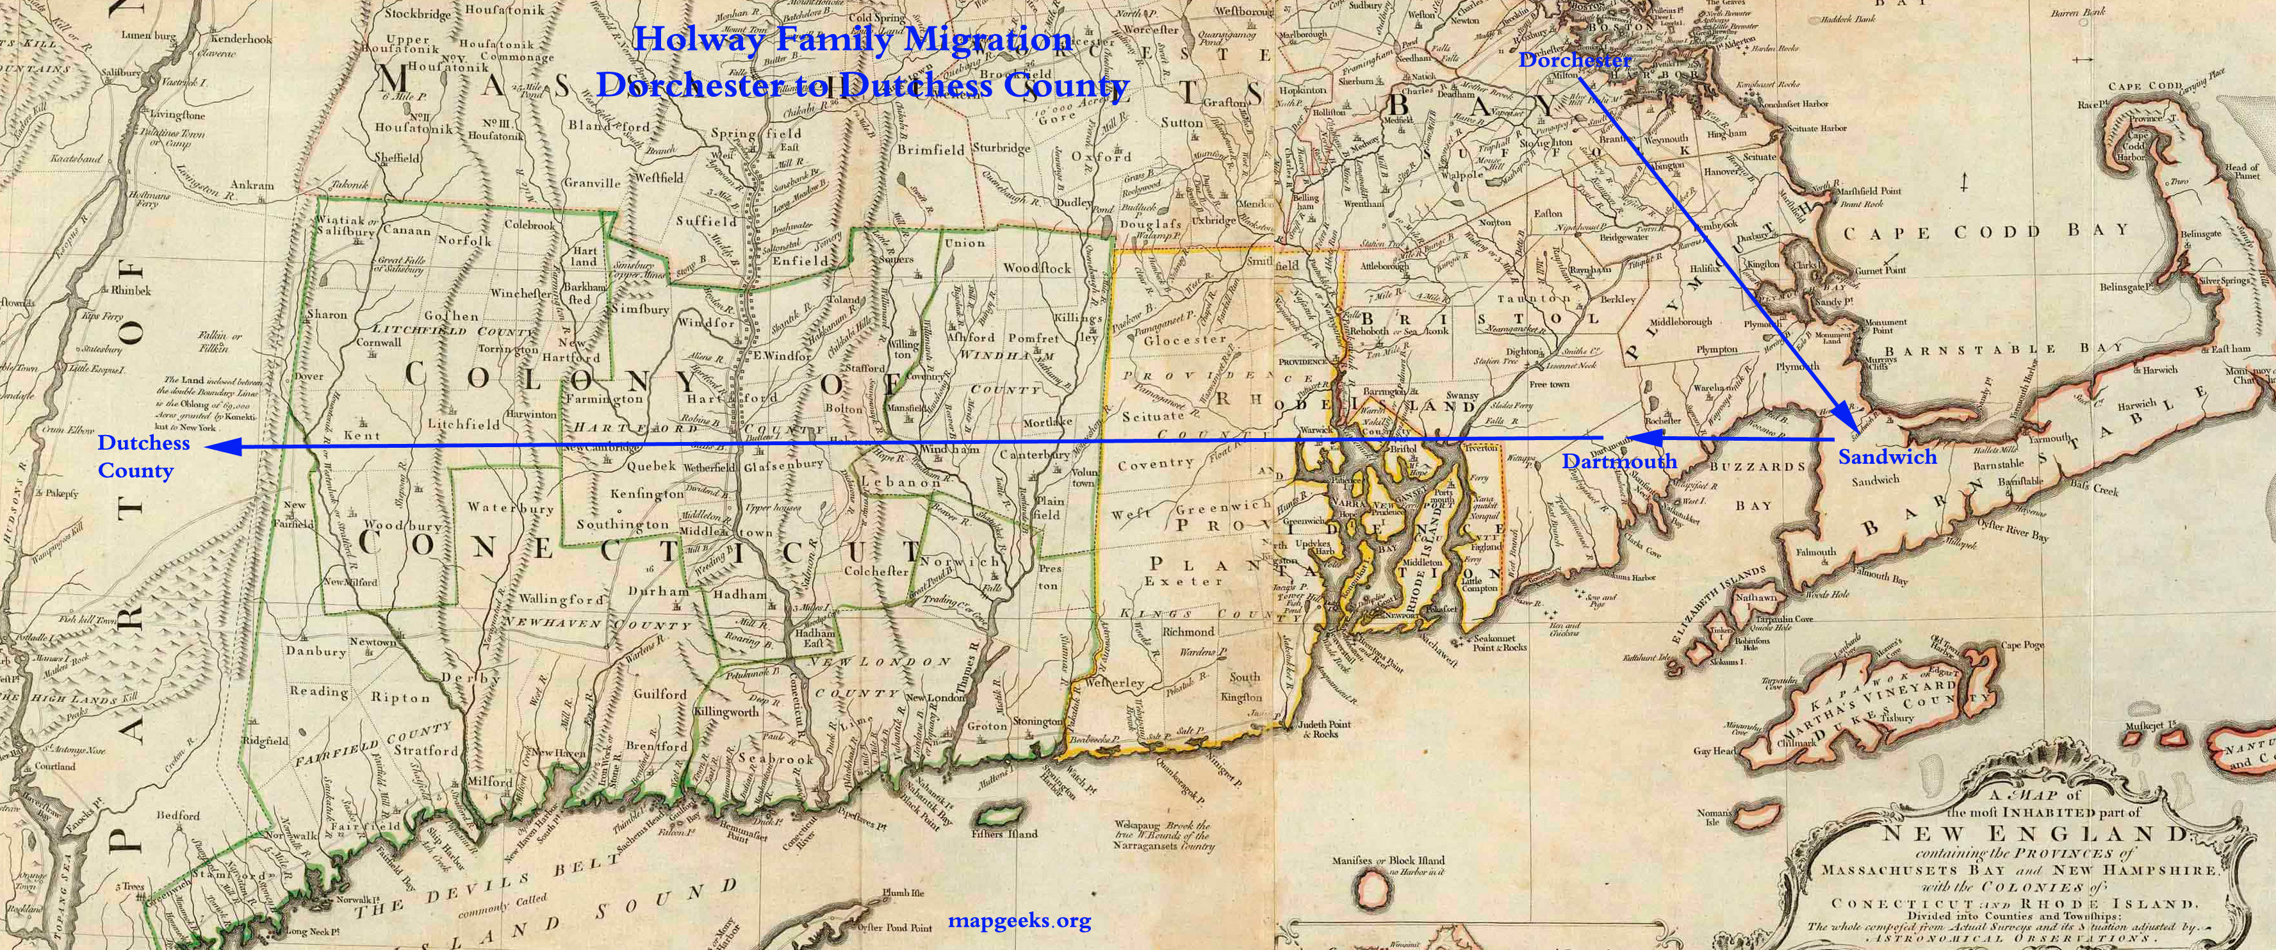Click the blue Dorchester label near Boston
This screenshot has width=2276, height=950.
click(1575, 61)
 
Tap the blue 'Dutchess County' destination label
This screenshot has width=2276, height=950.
click(143, 456)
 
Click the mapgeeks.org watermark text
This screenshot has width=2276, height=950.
click(1019, 921)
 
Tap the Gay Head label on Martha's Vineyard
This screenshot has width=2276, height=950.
click(1713, 751)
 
